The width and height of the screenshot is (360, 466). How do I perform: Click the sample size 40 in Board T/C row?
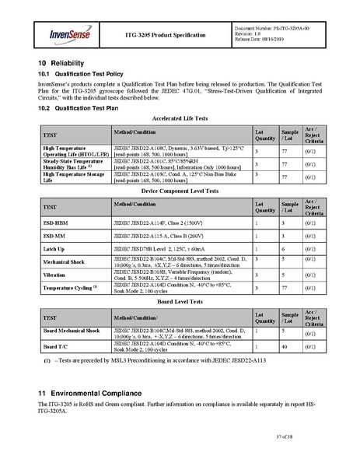[x=285, y=346]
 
